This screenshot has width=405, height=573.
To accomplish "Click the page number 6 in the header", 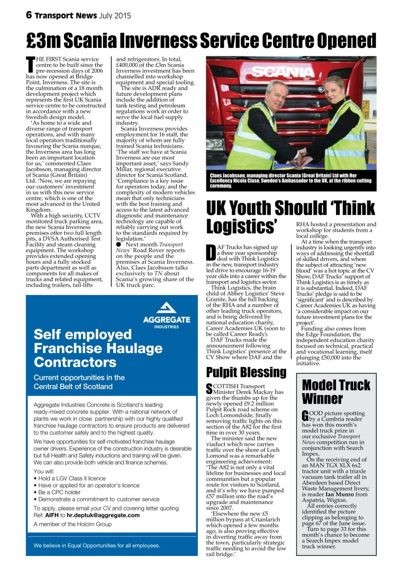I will [x=29, y=15].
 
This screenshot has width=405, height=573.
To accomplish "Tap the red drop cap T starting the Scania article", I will [x=31, y=65].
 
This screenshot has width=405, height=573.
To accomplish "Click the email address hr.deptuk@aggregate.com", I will [x=103, y=515].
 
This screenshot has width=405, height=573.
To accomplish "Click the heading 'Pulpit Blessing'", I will [x=246, y=372].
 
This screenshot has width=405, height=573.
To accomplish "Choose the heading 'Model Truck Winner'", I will [x=336, y=391].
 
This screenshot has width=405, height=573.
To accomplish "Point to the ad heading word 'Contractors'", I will [x=75, y=362].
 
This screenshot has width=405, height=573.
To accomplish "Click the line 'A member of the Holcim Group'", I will [x=72, y=524].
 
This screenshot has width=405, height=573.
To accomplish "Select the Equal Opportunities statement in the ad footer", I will [x=97, y=545].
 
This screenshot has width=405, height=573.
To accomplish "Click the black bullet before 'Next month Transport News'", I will [x=119, y=244].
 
